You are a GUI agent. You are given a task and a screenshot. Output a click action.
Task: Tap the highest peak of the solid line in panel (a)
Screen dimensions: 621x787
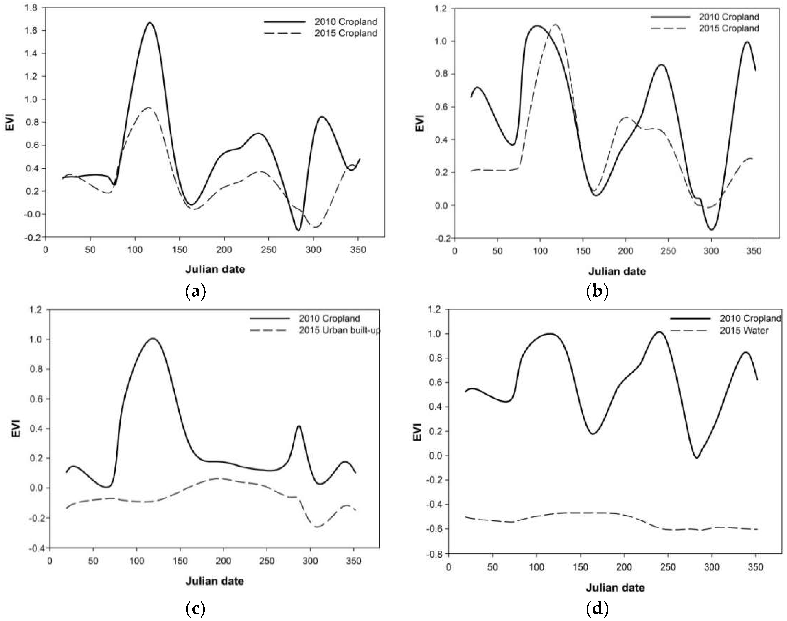tap(150, 22)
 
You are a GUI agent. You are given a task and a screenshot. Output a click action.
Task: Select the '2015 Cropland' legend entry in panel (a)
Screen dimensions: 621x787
tap(346, 33)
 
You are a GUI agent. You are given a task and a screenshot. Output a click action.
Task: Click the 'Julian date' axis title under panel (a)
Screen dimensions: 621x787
tap(215, 269)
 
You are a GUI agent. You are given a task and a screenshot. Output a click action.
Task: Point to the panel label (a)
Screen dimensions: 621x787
tap(195, 291)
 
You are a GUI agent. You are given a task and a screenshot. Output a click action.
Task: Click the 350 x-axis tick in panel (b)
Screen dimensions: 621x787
tap(754, 251)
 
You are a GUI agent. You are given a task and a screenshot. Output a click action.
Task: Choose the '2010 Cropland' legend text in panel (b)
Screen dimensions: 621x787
tap(729, 17)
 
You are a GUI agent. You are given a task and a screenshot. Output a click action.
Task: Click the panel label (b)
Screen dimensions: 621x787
tap(597, 291)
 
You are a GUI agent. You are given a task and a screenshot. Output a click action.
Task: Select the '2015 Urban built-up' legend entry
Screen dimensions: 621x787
tap(339, 331)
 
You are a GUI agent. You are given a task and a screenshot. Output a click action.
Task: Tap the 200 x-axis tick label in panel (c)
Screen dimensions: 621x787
tap(223, 561)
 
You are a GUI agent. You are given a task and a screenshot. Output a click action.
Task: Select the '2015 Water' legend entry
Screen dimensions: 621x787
tap(744, 331)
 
